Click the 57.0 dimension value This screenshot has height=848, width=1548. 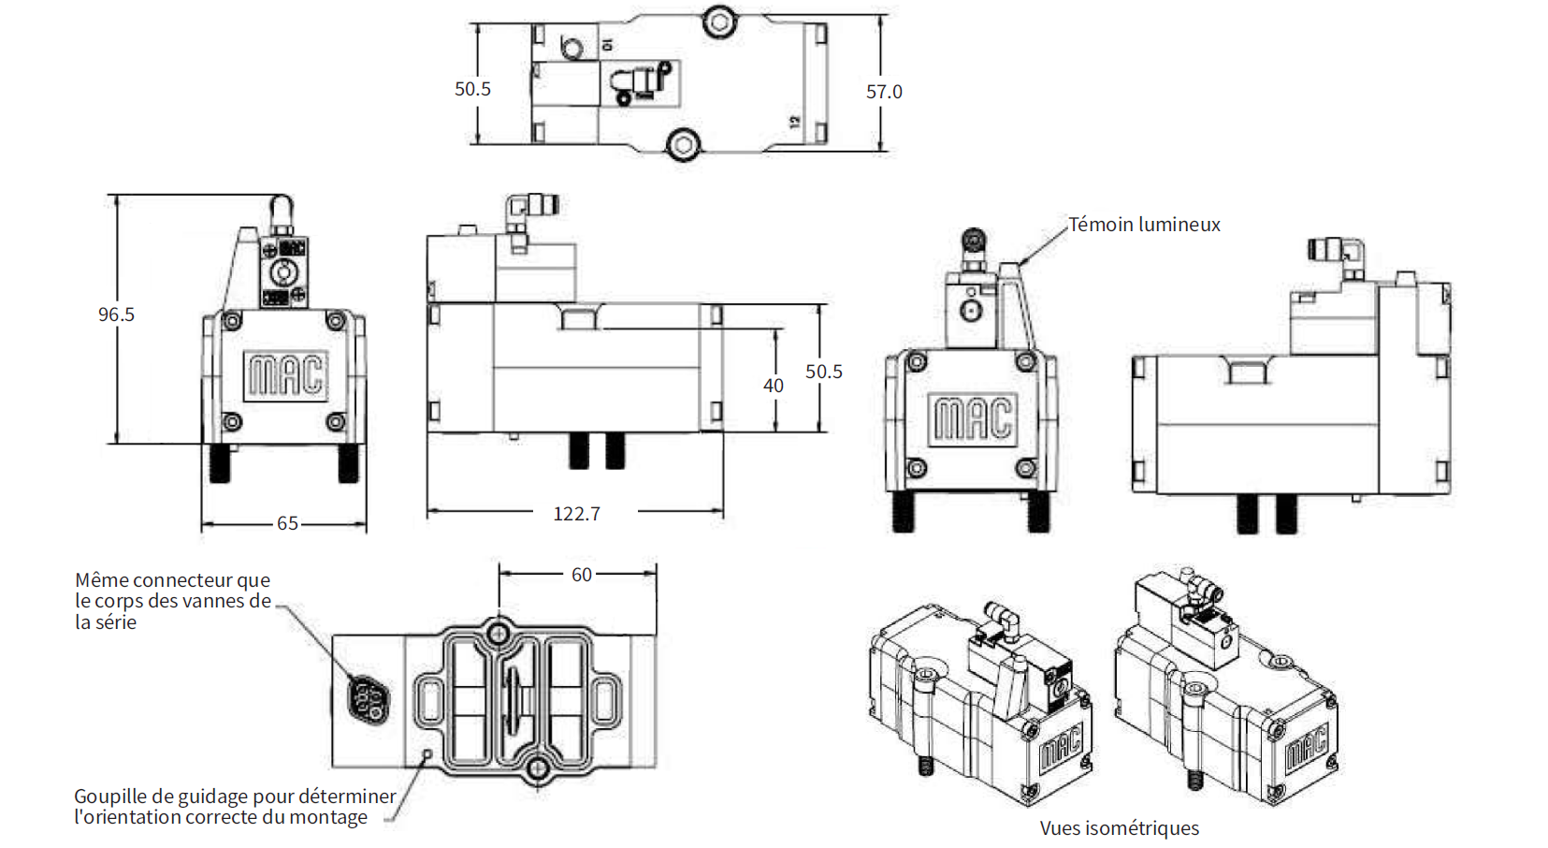point(883,92)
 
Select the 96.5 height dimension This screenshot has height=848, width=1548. point(116,314)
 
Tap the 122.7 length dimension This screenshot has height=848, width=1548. point(576,514)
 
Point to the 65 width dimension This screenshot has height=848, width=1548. point(287,523)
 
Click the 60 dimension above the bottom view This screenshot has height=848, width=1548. point(582,575)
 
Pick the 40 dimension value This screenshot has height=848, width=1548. point(773,386)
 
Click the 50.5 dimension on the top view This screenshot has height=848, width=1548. point(472,89)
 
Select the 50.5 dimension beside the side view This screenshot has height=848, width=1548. point(823,372)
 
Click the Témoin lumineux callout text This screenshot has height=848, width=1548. point(1144,225)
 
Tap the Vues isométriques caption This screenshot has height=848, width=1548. point(1119,828)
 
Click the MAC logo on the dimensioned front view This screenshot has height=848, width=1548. point(285,375)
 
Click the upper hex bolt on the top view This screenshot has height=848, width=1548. point(718,20)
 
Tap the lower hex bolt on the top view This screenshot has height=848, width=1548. point(682,144)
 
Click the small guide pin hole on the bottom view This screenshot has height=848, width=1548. point(428,753)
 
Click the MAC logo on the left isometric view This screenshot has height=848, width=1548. point(1061,746)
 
